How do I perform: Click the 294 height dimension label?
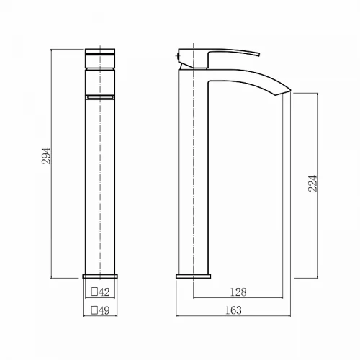(x=46, y=156)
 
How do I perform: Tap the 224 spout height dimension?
(x=312, y=184)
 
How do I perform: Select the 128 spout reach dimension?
(x=238, y=292)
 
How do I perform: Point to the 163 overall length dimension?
(x=233, y=310)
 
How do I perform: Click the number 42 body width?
(x=104, y=292)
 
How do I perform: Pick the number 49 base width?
(x=104, y=310)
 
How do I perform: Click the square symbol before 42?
(x=94, y=292)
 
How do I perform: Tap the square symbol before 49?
(x=94, y=310)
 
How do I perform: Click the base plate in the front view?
(x=100, y=276)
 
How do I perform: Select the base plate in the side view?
(x=194, y=276)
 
